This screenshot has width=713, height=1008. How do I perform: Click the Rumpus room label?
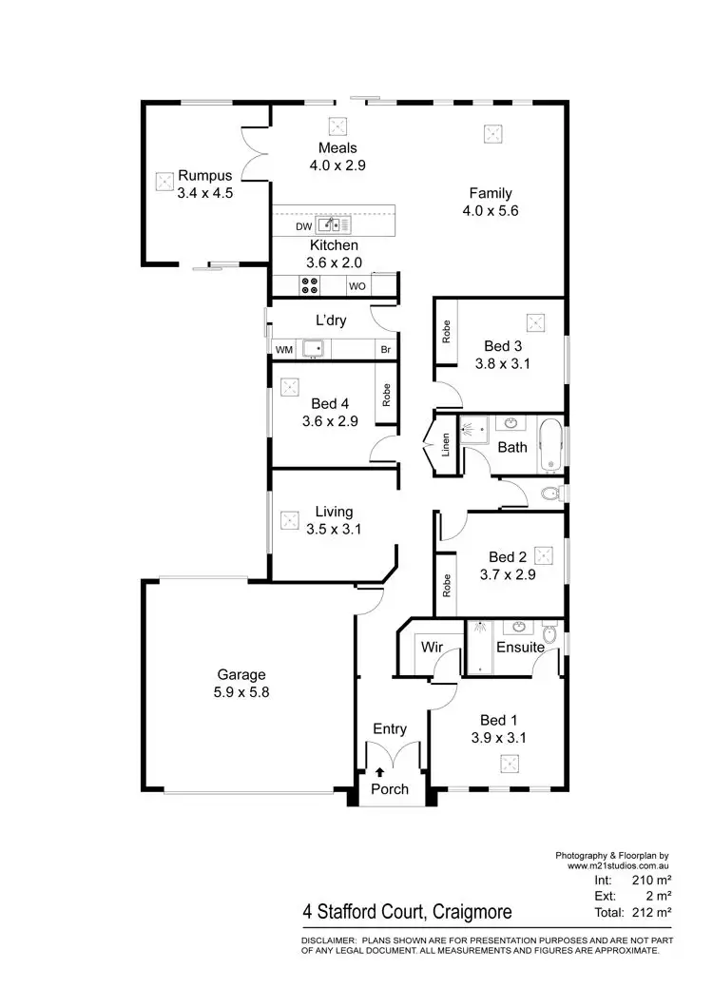(x=205, y=175)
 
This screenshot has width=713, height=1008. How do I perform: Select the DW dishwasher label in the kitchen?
(x=302, y=226)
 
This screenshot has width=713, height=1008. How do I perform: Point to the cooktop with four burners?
(x=310, y=284)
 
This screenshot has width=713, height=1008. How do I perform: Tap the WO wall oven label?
(x=357, y=285)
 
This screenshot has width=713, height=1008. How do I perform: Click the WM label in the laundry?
(x=283, y=350)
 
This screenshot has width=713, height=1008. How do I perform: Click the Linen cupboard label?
(x=446, y=446)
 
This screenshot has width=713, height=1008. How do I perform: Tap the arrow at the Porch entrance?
(x=380, y=772)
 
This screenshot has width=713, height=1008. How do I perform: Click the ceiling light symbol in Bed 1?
(x=511, y=763)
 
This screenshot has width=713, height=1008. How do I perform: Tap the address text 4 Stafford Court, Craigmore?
(x=407, y=912)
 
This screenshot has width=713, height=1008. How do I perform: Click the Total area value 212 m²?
(x=652, y=912)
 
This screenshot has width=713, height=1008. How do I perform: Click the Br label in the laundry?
(x=385, y=350)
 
